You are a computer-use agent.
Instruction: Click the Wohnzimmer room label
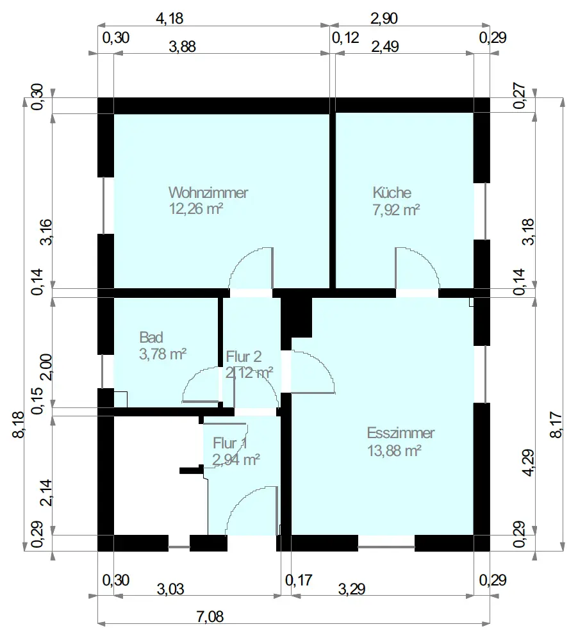[x=208, y=192]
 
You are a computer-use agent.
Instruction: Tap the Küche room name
[x=392, y=192]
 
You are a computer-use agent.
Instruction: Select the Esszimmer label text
[x=400, y=433]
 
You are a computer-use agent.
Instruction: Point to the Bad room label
[x=151, y=338]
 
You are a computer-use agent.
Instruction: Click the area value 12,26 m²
[x=196, y=209]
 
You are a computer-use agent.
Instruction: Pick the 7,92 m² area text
[x=396, y=210]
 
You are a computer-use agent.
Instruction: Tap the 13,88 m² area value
[x=394, y=451]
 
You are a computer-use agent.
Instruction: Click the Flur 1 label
[x=230, y=443]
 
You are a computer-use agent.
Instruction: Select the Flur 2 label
[x=244, y=356]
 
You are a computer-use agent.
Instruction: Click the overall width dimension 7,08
[x=210, y=617]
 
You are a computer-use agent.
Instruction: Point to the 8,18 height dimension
[x=19, y=425]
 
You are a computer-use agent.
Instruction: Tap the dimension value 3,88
[x=183, y=47]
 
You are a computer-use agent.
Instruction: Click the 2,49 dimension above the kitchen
[x=385, y=47]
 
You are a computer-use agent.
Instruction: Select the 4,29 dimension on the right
[x=529, y=462]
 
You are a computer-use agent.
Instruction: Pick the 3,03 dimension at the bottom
[x=170, y=589]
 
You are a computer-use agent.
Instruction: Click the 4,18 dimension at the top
[x=170, y=19]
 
